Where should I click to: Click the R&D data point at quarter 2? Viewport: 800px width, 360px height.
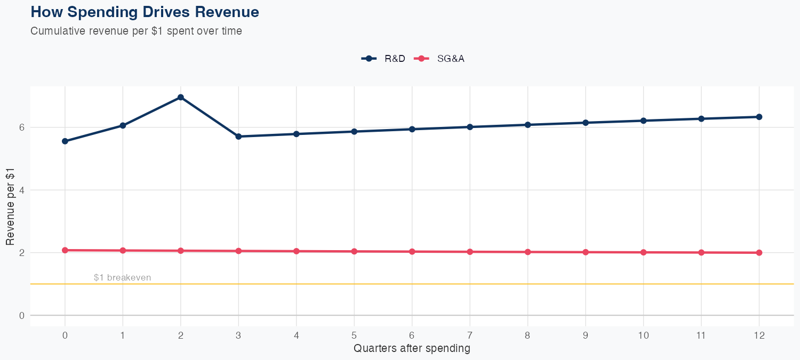pyautogui.click(x=181, y=97)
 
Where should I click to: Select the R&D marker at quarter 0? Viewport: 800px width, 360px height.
pyautogui.click(x=65, y=141)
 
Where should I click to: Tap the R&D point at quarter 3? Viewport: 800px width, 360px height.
pyautogui.click(x=238, y=137)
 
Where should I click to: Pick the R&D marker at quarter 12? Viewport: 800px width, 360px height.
pyautogui.click(x=759, y=117)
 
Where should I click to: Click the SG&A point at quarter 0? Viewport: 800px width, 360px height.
pyautogui.click(x=65, y=250)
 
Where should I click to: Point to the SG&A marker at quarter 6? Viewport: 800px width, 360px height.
pyautogui.click(x=412, y=252)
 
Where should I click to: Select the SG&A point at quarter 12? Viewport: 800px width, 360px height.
pyautogui.click(x=759, y=253)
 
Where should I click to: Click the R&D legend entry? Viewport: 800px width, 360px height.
pyautogui.click(x=384, y=59)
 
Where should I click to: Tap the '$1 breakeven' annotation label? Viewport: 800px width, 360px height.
pyautogui.click(x=122, y=277)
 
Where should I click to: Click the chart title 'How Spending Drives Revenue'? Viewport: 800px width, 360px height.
pyautogui.click(x=145, y=12)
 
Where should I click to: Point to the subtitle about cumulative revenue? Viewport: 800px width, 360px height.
pyautogui.click(x=136, y=31)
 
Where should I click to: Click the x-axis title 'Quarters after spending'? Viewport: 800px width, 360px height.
pyautogui.click(x=412, y=349)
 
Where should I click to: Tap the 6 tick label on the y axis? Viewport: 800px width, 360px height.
pyautogui.click(x=22, y=127)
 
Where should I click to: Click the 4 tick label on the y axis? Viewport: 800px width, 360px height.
pyautogui.click(x=22, y=190)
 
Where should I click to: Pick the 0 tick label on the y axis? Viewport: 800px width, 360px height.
pyautogui.click(x=22, y=315)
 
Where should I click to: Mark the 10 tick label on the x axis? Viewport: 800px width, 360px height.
pyautogui.click(x=643, y=335)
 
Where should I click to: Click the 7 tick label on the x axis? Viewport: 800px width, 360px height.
pyautogui.click(x=470, y=335)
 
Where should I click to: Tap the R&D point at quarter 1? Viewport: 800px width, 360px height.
pyautogui.click(x=123, y=125)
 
